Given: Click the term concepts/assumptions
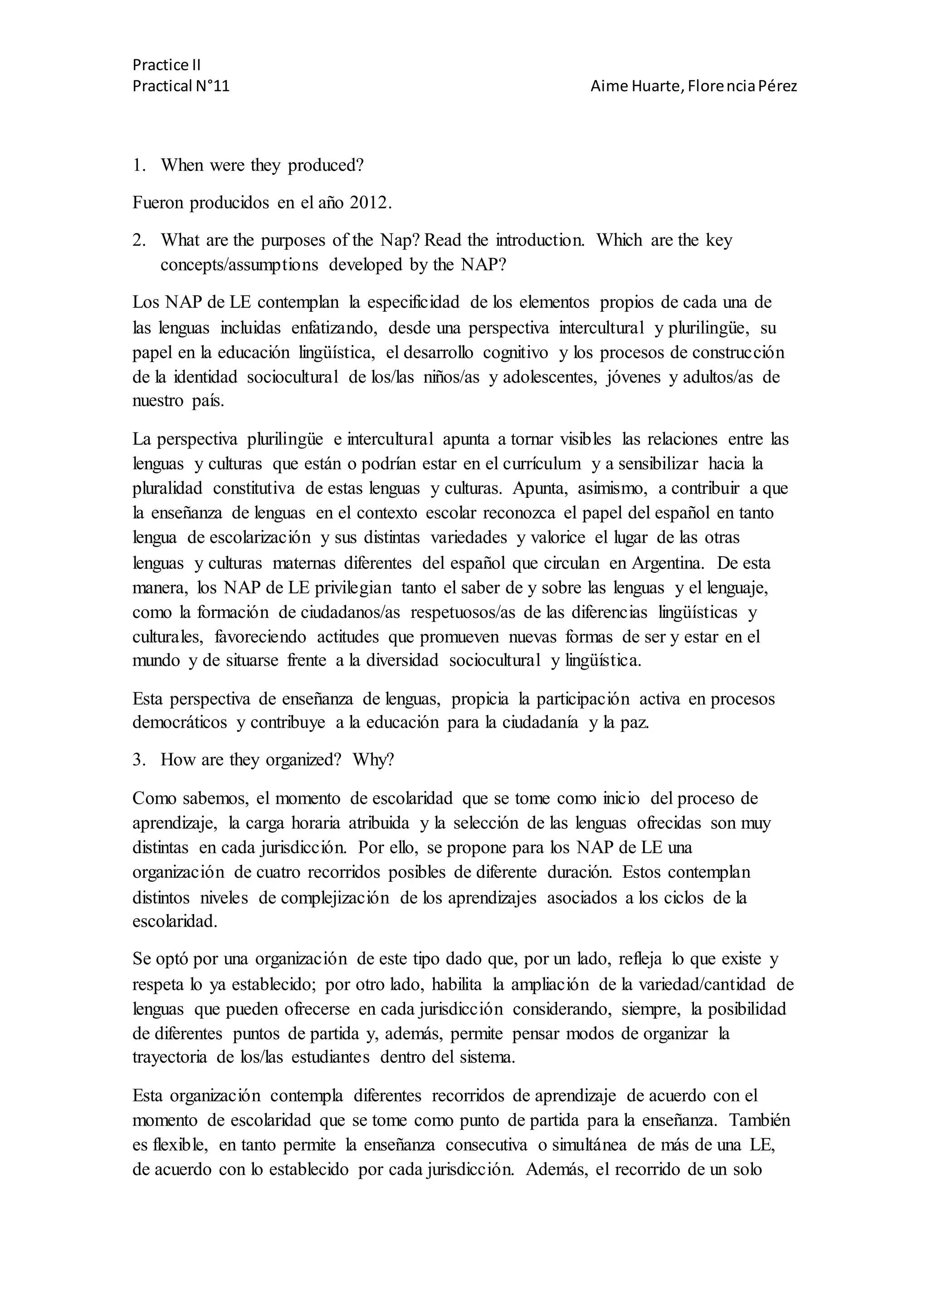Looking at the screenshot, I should pyautogui.click(x=239, y=265).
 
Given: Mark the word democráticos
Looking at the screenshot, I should pyautogui.click(x=180, y=724).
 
